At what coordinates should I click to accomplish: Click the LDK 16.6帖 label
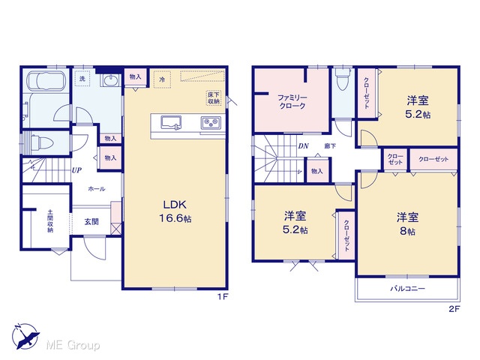(175, 211)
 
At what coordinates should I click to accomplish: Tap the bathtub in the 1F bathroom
(46, 81)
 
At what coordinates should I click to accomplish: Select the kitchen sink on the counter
(171, 123)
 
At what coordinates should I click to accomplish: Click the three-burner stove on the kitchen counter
(211, 123)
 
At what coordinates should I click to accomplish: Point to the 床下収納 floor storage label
(214, 97)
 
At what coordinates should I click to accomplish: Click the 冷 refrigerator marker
(162, 79)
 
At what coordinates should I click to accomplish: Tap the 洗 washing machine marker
(82, 79)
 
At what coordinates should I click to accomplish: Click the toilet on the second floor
(343, 78)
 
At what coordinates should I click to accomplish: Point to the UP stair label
(76, 170)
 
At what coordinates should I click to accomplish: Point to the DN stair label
(303, 146)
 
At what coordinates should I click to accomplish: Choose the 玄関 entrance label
(91, 222)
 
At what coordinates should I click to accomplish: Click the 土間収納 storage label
(50, 220)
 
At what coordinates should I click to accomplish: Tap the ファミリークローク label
(292, 102)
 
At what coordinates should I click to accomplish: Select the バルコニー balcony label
(407, 288)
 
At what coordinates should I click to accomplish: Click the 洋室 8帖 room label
(407, 224)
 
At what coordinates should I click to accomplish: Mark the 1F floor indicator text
(223, 297)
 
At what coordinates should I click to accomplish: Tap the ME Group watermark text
(73, 346)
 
